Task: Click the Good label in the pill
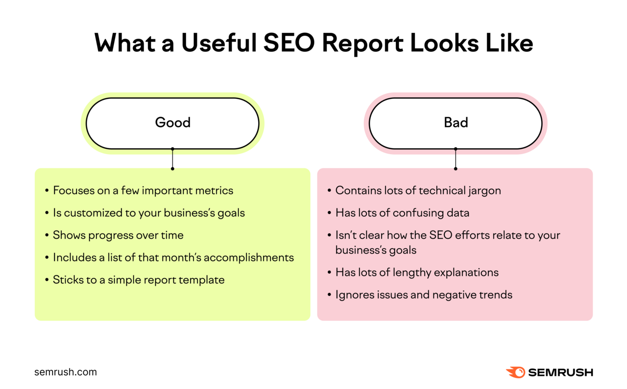coord(172,122)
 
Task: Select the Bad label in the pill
coord(456,122)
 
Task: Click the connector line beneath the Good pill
coord(172,159)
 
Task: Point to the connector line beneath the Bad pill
coord(456,159)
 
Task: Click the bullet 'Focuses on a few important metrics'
coord(143,190)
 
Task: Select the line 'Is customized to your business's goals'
coord(148,213)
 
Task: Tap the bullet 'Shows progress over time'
coord(118,235)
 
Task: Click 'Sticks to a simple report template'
coord(139,280)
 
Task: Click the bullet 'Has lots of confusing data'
coord(402,213)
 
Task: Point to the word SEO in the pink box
coord(440,235)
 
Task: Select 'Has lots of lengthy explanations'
coord(417,273)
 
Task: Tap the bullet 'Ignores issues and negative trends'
coord(424,295)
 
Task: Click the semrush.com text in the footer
coord(66,372)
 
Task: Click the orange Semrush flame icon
coord(515,372)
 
